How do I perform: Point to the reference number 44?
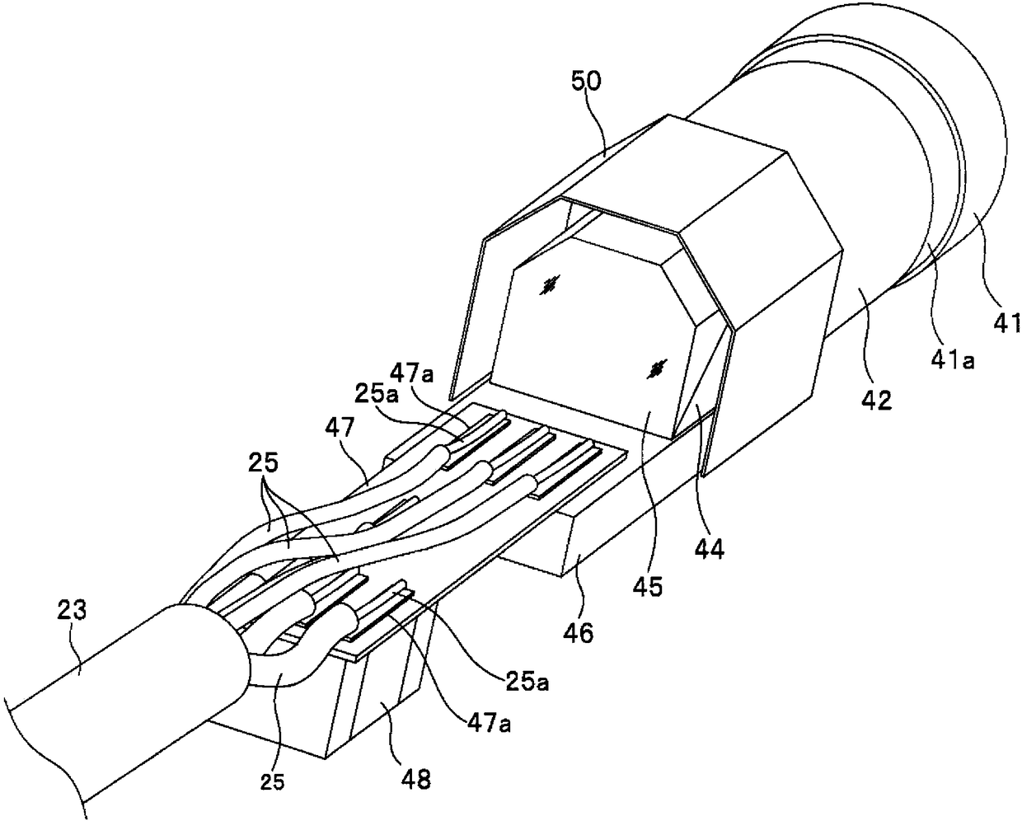pos(710,548)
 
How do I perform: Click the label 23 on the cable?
pos(73,612)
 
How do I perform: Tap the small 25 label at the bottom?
pos(275,780)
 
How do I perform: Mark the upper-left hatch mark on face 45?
pos(547,286)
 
